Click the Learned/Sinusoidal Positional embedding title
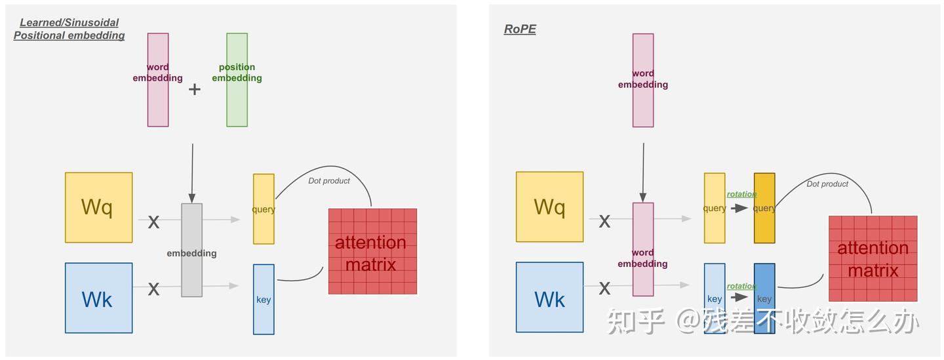[69, 30]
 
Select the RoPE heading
[520, 30]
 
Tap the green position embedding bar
[237, 79]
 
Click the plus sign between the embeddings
[195, 89]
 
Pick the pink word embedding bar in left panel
[158, 79]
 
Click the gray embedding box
[192, 250]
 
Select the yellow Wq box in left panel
[98, 207]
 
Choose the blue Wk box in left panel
[98, 298]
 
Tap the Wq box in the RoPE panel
[549, 207]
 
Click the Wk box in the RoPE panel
[549, 297]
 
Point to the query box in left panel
[264, 209]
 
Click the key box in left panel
[264, 299]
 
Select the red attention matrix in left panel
[372, 251]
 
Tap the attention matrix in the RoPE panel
[873, 258]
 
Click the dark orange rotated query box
[764, 208]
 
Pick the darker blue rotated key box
[764, 298]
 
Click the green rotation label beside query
[741, 194]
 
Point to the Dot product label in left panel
[329, 181]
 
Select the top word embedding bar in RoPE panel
[643, 80]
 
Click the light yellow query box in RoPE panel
[715, 208]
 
